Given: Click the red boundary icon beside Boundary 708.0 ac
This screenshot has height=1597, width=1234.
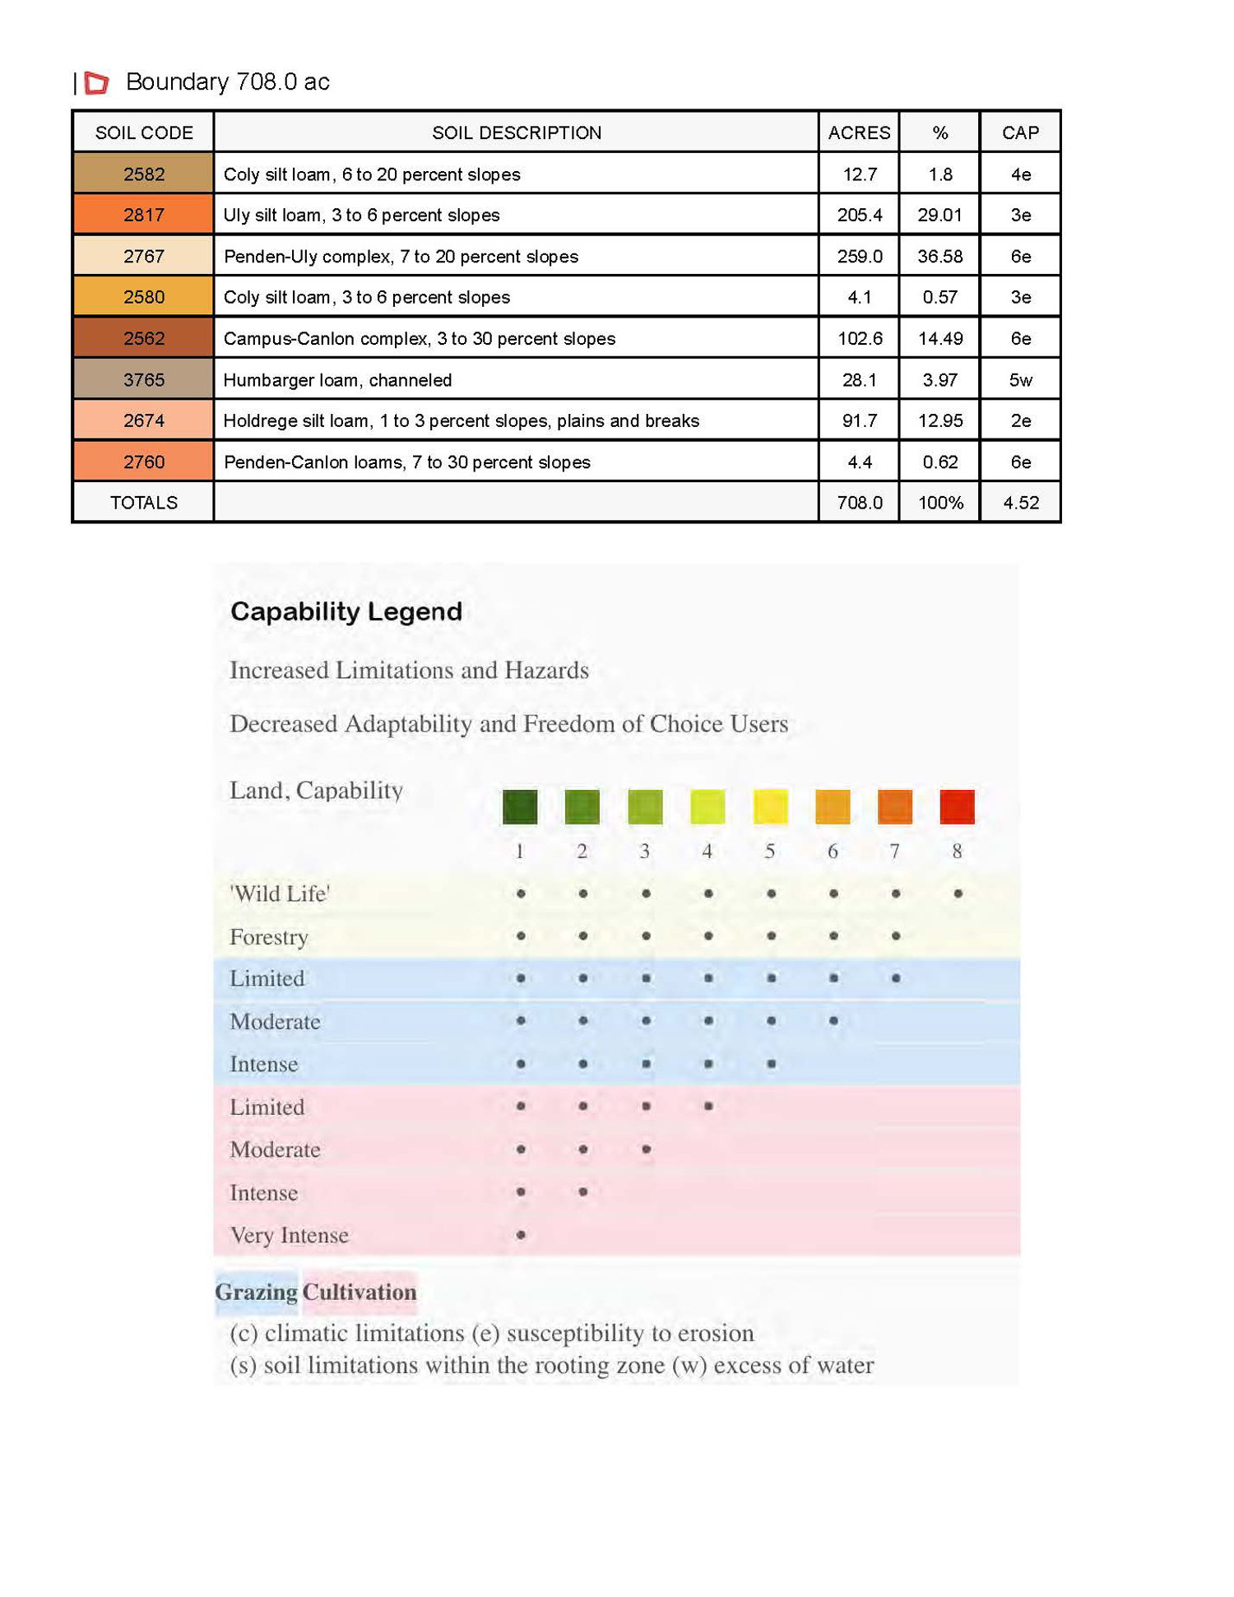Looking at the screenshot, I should pos(97,82).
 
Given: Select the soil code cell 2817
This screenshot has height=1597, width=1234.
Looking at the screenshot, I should pos(143,215).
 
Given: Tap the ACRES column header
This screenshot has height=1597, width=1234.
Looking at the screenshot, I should pos(859,132).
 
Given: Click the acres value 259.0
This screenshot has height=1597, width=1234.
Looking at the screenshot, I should pos(859,256).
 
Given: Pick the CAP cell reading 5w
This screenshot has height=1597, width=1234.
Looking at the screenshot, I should pos(1020,379).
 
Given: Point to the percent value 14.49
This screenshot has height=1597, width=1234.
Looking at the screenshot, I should pos(939,338).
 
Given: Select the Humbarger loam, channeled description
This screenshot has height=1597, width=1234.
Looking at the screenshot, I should pos(337,379).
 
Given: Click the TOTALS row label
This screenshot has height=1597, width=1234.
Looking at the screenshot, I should pos(143,503).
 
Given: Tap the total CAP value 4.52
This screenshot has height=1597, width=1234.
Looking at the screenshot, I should pos(1020,503).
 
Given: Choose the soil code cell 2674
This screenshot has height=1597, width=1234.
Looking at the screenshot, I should pos(143,420).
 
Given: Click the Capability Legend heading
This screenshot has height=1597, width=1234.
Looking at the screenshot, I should pos(346,611).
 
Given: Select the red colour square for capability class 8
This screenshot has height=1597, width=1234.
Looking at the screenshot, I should pos(957,806).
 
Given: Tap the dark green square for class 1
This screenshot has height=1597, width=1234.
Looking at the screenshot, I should pos(520,806).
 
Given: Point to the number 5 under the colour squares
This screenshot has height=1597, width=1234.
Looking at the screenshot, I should pos(770,852).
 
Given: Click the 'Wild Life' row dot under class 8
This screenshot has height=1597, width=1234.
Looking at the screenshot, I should pos(958,894).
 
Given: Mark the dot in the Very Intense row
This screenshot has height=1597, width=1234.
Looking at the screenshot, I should pos(521,1235).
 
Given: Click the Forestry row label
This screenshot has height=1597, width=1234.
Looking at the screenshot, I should pos(269,937).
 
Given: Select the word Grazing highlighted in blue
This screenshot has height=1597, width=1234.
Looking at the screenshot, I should pos(257,1292).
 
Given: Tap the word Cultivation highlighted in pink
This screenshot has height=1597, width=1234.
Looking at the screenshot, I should pos(360,1292).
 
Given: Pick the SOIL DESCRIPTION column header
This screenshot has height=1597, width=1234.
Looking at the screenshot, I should pos(517,132).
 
